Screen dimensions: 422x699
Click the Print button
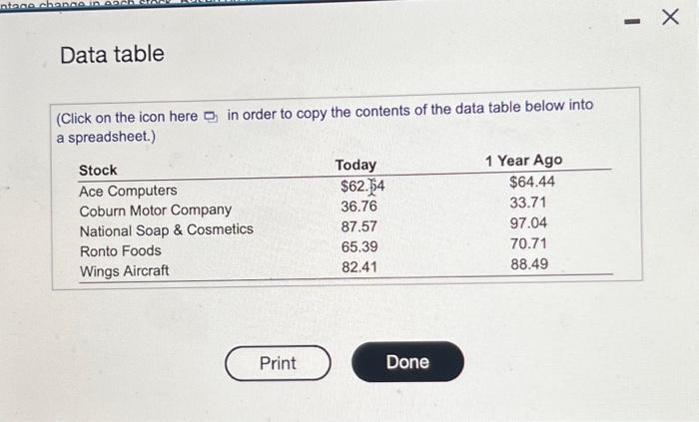click(278, 362)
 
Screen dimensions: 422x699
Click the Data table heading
click(112, 54)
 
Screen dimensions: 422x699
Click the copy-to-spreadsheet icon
click(210, 117)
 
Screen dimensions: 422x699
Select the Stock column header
click(98, 170)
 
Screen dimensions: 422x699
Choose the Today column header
click(355, 165)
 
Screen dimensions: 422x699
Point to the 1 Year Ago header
click(523, 161)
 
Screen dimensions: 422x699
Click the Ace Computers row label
click(128, 190)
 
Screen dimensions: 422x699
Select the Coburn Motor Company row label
click(155, 210)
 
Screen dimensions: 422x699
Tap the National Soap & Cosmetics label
click(166, 230)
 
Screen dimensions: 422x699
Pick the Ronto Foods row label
click(120, 250)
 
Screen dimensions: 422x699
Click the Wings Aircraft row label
click(124, 270)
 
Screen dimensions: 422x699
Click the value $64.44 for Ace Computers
click(531, 182)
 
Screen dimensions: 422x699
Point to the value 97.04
click(528, 222)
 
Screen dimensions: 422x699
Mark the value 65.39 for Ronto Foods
click(359, 246)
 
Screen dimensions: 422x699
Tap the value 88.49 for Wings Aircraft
click(528, 264)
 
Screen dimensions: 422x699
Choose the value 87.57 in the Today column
click(359, 226)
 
